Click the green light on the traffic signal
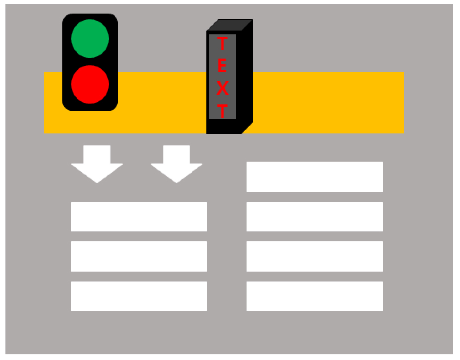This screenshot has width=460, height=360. point(90,39)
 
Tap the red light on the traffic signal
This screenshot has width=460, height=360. point(90,84)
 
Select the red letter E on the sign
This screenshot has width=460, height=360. point(222,65)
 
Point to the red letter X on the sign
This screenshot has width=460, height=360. point(223,88)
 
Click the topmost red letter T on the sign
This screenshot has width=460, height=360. point(222,43)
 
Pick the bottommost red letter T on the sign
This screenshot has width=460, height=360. point(223,111)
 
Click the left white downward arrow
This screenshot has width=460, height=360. point(97,164)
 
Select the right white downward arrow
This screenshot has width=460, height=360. point(176,164)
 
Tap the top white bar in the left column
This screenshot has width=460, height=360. point(139,216)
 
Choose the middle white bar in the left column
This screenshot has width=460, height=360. point(139,256)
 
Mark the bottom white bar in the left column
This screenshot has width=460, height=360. point(139,296)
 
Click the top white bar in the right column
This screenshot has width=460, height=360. point(315,177)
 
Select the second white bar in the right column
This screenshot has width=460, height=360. point(315,216)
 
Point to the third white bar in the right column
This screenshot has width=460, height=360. point(315,256)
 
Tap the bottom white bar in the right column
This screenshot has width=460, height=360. point(315,296)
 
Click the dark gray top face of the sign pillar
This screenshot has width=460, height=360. point(230,25)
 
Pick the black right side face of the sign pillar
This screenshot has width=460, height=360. point(247,77)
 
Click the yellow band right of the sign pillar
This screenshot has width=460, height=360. point(329,103)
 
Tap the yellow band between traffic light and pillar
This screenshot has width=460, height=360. point(162,103)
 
